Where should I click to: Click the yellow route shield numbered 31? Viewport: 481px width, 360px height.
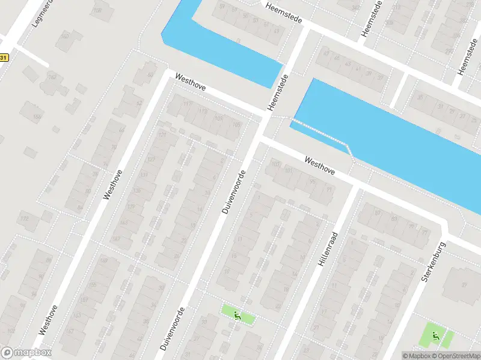[x=4, y=58]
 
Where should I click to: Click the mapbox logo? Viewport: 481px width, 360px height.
[x=26, y=353]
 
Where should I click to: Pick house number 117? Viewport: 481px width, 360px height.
[x=188, y=104]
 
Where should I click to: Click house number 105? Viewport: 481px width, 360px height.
[x=236, y=125]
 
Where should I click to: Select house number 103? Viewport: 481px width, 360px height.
[x=275, y=164]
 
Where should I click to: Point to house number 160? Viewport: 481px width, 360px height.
[x=64, y=36]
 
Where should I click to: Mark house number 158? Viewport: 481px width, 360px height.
[x=97, y=10]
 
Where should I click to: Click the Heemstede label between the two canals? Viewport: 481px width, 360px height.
[x=278, y=92]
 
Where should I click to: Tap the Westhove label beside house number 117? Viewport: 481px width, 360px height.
[x=191, y=83]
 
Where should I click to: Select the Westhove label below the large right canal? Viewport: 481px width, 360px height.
[x=320, y=166]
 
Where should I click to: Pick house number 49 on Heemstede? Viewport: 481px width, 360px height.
[x=277, y=30]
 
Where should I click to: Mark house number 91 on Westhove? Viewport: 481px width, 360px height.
[x=329, y=190]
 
